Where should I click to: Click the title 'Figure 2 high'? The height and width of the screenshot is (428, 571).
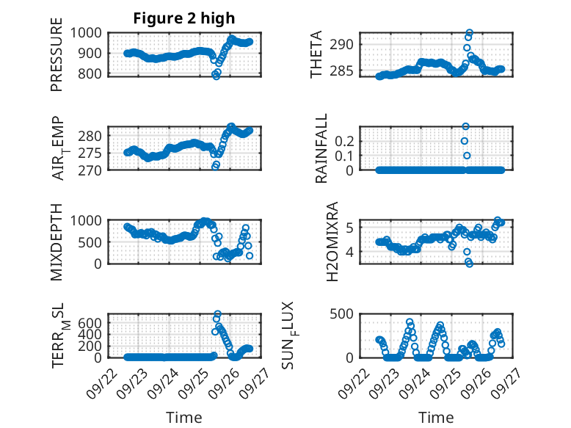point(183,18)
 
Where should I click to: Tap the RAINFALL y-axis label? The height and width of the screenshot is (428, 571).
point(321,148)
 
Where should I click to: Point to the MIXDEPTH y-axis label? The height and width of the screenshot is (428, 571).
point(57,242)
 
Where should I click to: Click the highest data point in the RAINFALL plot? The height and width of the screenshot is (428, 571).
point(465,126)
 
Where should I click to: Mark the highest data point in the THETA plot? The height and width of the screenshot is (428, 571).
point(469,33)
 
